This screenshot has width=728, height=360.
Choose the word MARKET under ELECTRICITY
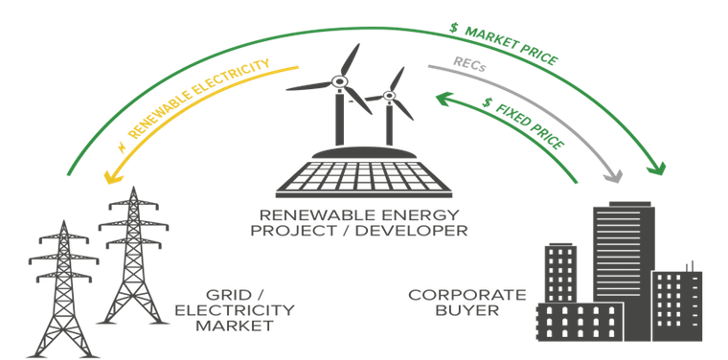tap(235, 326)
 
